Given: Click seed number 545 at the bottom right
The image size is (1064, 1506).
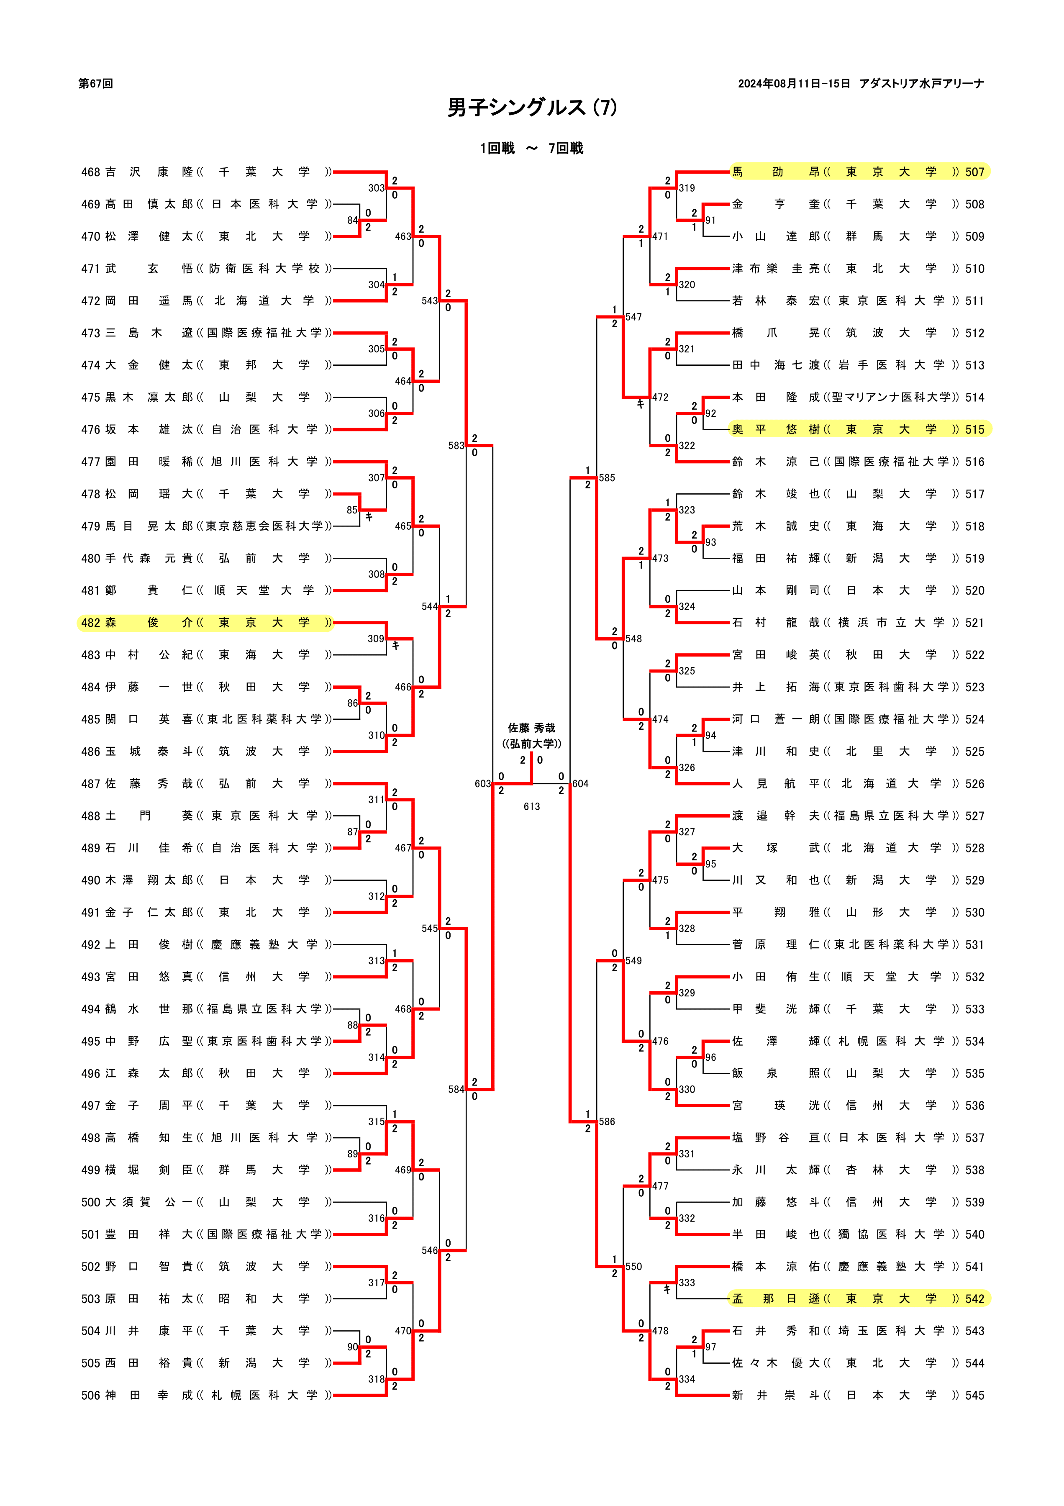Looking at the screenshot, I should tap(975, 1395).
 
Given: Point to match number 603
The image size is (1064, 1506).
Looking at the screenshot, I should tap(483, 784).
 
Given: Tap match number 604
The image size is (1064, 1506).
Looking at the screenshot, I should tap(581, 784).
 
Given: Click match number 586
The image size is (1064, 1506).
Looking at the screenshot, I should tap(607, 1121).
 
